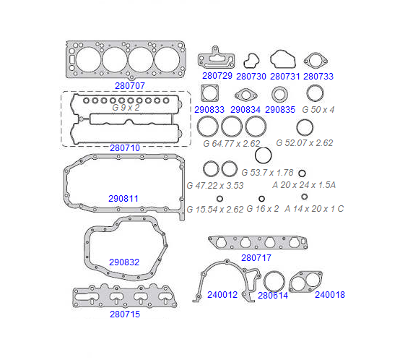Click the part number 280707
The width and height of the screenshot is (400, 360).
pos(130,86)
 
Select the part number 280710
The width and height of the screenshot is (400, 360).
pos(125,147)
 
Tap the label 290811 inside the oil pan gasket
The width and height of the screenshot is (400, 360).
pos(123,198)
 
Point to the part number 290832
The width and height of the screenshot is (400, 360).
pos(124,262)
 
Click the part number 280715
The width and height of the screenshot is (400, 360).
pos(125,314)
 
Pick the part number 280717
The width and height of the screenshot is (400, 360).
pos(256,258)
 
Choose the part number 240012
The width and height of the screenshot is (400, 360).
pos(222,295)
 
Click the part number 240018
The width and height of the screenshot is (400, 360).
pos(330,295)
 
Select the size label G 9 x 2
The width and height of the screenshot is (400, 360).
pos(126,108)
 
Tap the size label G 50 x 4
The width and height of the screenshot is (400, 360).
pos(318,110)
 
